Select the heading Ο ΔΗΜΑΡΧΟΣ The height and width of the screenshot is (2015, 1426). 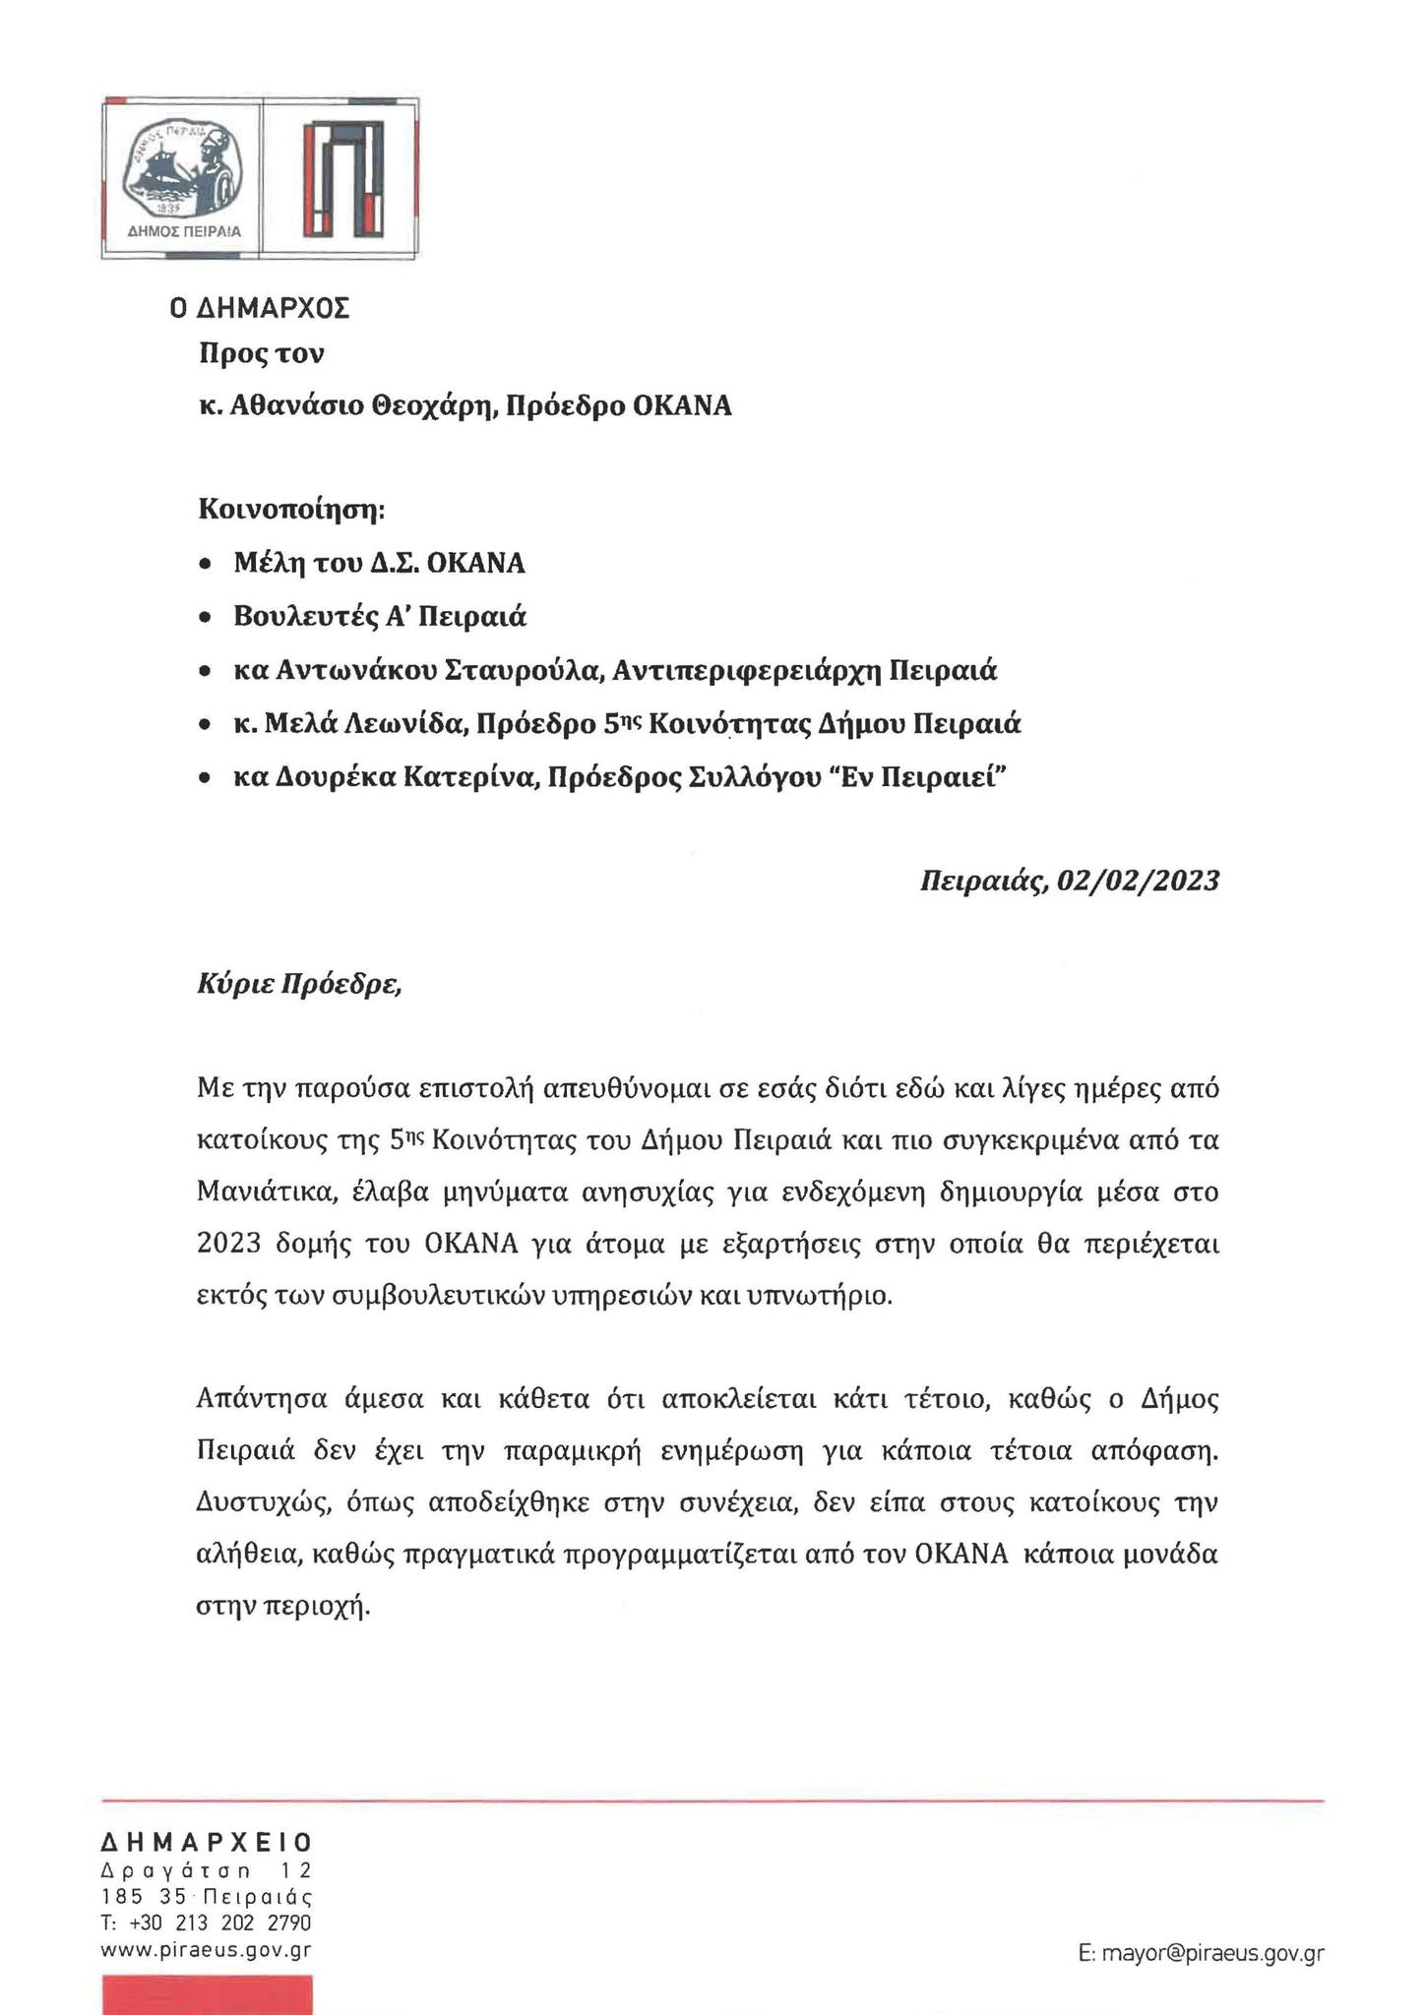coord(259,309)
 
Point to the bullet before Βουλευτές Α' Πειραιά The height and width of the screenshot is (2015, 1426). coord(204,618)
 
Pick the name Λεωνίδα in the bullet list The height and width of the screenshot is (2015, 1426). coord(406,725)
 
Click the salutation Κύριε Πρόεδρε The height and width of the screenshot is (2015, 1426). coord(299,984)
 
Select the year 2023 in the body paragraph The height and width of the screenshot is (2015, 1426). coord(229,1245)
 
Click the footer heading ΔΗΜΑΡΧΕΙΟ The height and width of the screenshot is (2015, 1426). coord(207,1843)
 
